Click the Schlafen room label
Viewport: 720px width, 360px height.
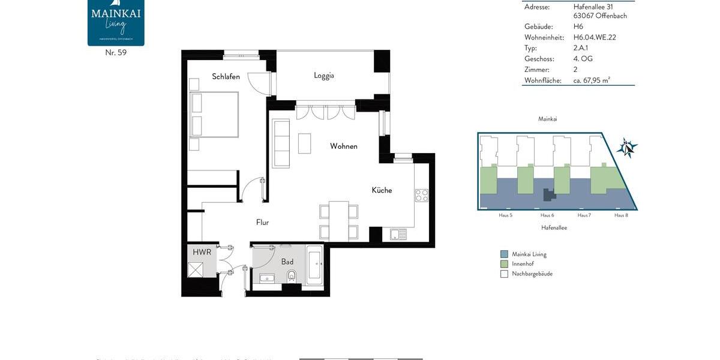pos(226,76)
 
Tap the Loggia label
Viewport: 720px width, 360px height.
pos(323,76)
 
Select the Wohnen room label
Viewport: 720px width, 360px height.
pos(344,146)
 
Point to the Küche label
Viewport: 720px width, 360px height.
pos(382,190)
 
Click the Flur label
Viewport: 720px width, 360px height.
pos(262,222)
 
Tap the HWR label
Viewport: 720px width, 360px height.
pos(202,252)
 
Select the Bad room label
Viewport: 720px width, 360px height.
pos(287,262)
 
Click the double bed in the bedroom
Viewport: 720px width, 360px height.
pos(214,115)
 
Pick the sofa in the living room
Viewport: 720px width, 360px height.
pos(281,143)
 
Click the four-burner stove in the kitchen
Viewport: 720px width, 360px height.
pos(422,195)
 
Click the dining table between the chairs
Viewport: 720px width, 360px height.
pos(338,220)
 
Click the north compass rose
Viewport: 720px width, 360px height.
pos(627,148)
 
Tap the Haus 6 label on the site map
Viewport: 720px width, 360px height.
pos(547,215)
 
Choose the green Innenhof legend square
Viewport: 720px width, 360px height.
pos(504,264)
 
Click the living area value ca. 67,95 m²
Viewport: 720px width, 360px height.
pos(592,80)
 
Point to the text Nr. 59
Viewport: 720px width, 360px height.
pos(116,53)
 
